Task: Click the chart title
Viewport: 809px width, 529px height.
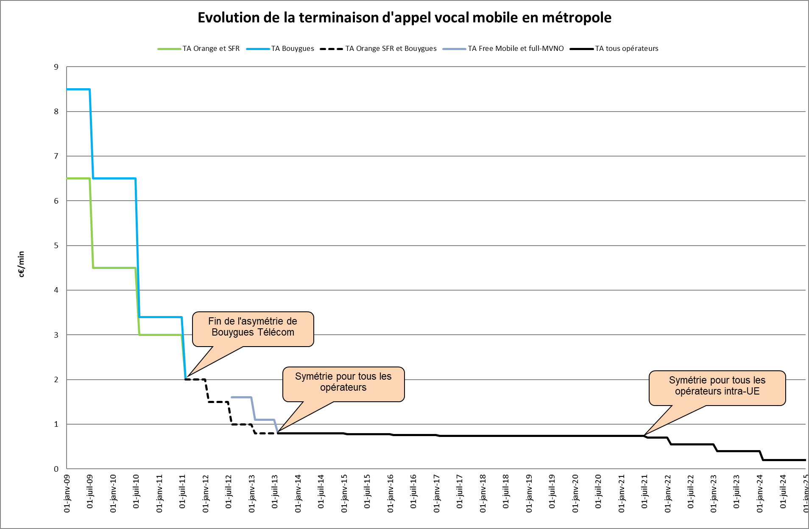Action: [404, 18]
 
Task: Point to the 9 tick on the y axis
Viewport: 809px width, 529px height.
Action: [56, 67]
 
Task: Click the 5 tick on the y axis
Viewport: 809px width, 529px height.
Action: [56, 246]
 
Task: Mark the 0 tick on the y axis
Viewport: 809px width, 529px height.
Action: [56, 469]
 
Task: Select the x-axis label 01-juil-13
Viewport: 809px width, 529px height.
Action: [275, 492]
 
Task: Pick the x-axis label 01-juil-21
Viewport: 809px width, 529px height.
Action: [644, 492]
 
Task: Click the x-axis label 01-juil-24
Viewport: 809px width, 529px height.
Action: [783, 492]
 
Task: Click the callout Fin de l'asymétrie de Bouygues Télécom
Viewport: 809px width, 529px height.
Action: [253, 327]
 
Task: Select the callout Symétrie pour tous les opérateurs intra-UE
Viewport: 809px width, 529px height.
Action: [717, 386]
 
